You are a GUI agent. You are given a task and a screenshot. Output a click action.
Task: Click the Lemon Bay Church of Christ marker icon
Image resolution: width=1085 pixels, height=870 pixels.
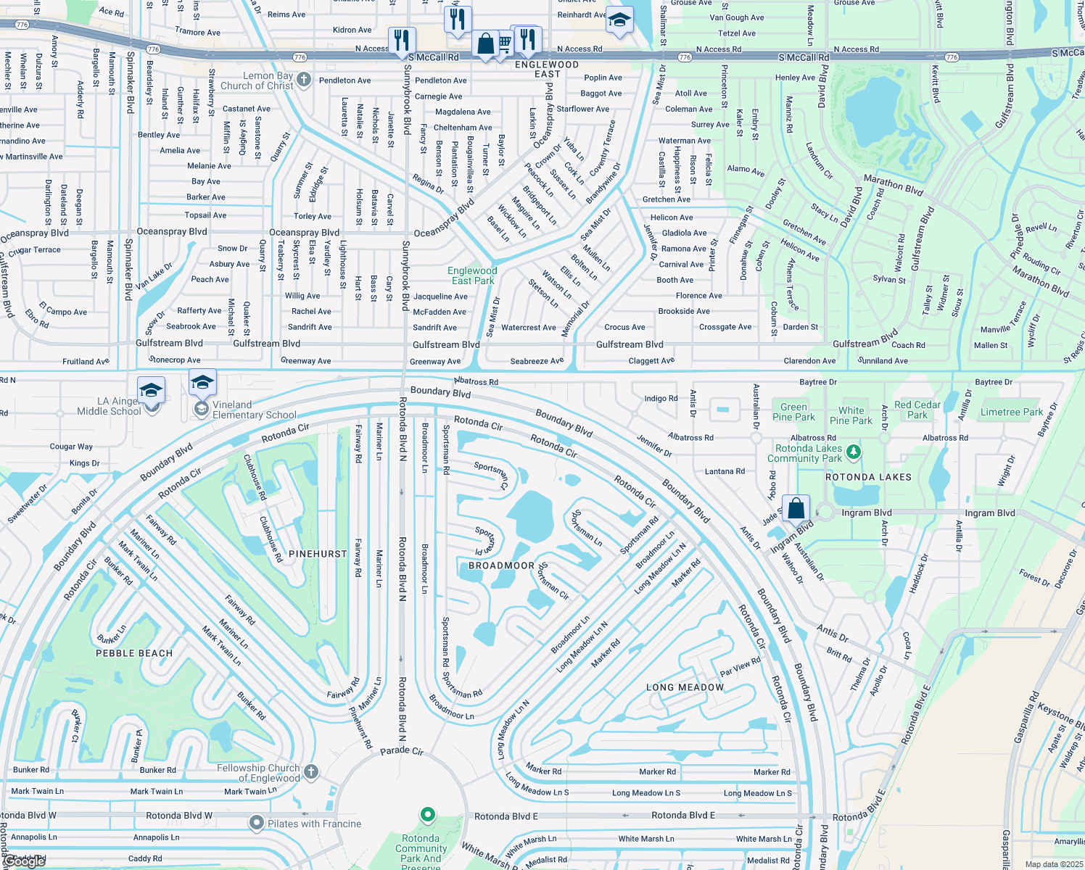point(304,80)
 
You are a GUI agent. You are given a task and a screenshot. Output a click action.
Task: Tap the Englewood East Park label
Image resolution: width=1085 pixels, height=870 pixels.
point(472,275)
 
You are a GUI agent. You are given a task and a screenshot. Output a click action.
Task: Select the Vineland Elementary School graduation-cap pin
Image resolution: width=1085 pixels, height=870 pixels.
point(202,382)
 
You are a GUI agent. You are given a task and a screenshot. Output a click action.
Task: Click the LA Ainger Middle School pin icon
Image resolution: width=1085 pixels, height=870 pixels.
point(151,391)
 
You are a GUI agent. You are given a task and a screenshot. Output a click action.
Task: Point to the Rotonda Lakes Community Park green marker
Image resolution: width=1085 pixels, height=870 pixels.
point(854,452)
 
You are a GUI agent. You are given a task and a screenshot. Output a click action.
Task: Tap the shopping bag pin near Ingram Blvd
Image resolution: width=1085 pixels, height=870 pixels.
point(796,508)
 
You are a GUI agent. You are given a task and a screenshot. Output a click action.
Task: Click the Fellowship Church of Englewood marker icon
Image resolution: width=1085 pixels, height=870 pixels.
point(311,772)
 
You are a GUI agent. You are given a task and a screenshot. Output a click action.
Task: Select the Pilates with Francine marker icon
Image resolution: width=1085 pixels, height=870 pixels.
point(256,824)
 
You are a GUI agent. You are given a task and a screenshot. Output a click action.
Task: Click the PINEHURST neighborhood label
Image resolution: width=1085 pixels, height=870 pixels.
point(318,554)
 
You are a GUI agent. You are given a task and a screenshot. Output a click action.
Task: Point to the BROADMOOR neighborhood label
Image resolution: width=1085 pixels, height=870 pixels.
point(501,565)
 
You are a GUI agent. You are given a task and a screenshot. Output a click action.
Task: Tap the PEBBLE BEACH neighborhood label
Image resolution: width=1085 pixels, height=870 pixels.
point(134,653)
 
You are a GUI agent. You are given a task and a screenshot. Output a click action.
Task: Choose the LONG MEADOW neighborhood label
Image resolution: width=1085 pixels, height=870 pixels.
point(685,687)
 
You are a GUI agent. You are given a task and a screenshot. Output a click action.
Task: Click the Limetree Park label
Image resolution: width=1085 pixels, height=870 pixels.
point(1011,412)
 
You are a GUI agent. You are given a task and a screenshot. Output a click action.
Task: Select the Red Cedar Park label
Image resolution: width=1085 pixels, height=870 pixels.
point(917,410)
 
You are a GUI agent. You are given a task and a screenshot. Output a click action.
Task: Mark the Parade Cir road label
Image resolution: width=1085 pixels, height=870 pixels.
point(402,751)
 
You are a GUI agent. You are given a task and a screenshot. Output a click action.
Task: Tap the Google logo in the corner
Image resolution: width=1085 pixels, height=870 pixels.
point(25,861)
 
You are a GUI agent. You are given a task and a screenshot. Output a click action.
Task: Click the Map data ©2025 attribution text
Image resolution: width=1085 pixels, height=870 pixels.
point(1053,864)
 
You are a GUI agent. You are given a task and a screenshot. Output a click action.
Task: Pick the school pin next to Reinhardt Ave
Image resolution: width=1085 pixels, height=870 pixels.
point(619,21)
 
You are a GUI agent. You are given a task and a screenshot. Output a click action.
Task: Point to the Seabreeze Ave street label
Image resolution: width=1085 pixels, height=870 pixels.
point(537,361)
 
